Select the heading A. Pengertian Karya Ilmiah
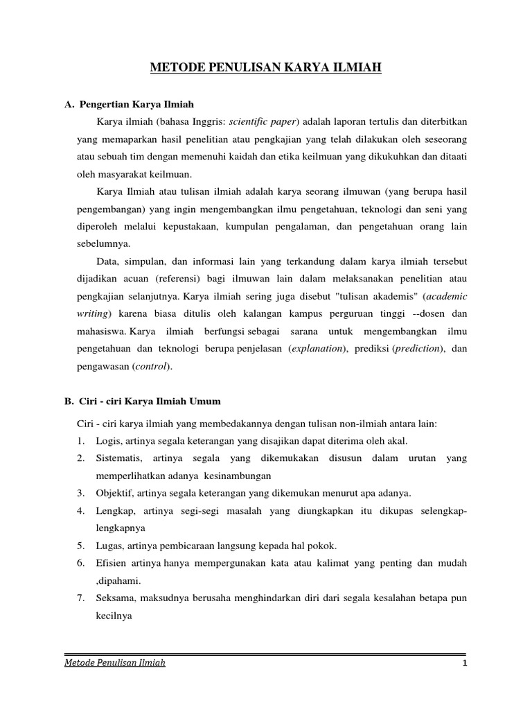pos(128,104)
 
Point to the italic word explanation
pos(316,348)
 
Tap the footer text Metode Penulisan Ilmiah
pos(115,664)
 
